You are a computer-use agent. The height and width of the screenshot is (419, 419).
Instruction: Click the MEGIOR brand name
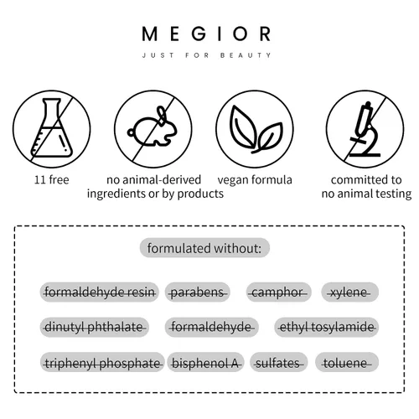(206, 34)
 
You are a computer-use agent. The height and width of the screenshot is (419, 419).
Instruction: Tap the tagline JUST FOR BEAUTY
(206, 55)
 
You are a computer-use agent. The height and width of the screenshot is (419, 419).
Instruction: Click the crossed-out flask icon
(52, 129)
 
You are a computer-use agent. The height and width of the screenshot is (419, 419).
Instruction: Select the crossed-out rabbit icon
(153, 129)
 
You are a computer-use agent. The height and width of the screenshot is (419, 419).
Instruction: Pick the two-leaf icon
(255, 129)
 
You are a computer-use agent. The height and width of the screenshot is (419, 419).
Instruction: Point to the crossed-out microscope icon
(365, 129)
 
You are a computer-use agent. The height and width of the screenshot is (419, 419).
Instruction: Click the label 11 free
(51, 180)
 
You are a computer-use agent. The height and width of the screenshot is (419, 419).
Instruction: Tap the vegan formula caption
(255, 180)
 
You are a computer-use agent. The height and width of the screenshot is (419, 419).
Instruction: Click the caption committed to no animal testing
(366, 187)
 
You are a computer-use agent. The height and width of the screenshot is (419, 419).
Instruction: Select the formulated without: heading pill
(204, 248)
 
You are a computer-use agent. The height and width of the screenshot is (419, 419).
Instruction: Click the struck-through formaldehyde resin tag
(100, 292)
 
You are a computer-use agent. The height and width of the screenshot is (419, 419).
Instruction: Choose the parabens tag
(198, 292)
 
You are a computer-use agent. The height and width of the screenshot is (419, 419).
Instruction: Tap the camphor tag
(278, 292)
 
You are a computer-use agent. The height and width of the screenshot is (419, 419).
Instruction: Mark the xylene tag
(350, 292)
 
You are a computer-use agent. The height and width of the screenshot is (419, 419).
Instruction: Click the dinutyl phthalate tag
(95, 327)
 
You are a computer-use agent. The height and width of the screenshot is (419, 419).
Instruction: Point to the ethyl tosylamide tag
(327, 327)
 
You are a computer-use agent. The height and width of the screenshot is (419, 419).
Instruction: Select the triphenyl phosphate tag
(102, 362)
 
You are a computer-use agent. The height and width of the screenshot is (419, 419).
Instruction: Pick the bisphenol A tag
(205, 362)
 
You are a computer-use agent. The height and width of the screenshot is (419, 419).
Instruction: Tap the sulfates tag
(278, 362)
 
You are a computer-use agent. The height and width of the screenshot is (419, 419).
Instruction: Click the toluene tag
(347, 362)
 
